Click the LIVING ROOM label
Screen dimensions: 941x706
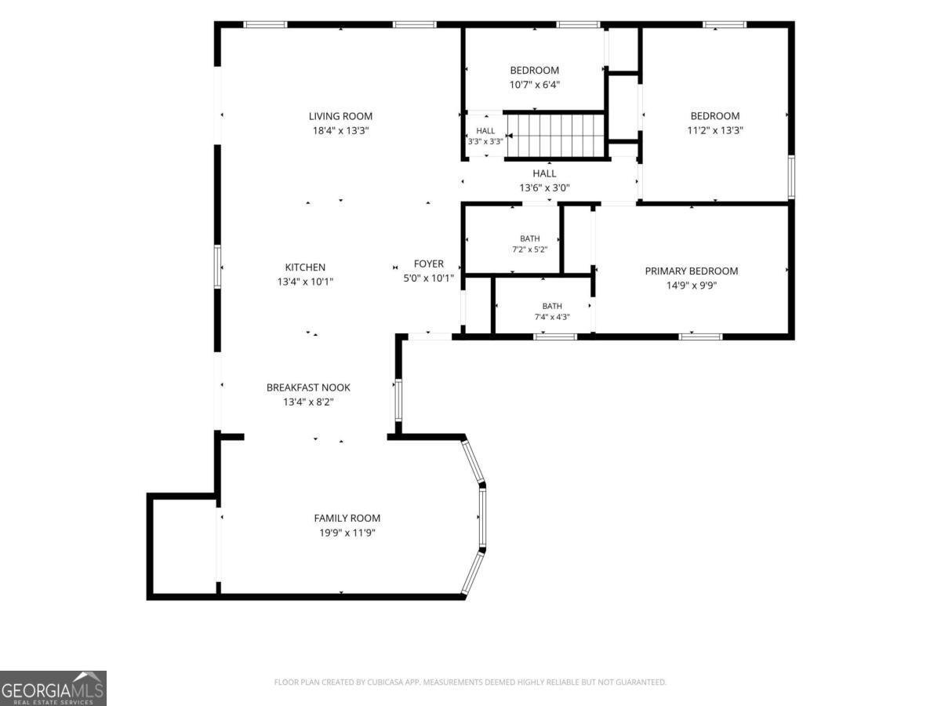[340, 116]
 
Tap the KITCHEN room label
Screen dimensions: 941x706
[305, 267]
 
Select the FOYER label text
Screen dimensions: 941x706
[428, 264]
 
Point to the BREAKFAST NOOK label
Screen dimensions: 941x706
[308, 388]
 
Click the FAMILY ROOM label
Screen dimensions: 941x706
[347, 519]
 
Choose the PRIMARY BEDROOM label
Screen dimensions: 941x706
[692, 271]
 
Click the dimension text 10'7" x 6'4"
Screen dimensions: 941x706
[535, 85]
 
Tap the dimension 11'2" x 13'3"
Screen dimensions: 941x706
[715, 130]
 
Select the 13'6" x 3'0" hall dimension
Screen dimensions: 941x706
[544, 187]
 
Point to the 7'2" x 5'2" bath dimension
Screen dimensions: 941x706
[530, 249]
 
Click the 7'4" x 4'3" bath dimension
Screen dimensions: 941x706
[552, 317]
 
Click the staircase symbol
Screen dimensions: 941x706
[556, 136]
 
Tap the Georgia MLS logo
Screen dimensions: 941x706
[53, 688]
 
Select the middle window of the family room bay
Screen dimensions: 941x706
[483, 518]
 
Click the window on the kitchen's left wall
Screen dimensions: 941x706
[217, 267]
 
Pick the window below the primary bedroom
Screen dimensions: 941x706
[700, 337]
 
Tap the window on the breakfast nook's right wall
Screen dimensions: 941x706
[398, 399]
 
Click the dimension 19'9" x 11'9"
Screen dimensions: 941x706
[347, 533]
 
